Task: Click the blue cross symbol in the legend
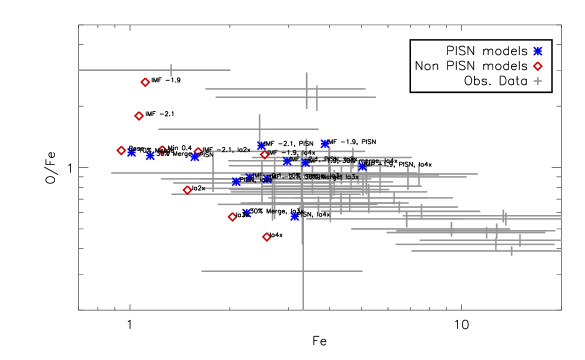pyautogui.click(x=537, y=51)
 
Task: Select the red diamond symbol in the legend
pyautogui.click(x=537, y=66)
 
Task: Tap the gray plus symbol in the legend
pyautogui.click(x=537, y=81)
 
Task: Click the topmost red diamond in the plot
pyautogui.click(x=145, y=82)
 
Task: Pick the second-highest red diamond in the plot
pyautogui.click(x=139, y=116)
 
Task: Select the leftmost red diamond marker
pyautogui.click(x=121, y=151)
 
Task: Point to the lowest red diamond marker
pyautogui.click(x=266, y=237)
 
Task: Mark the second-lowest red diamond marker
pyautogui.click(x=232, y=217)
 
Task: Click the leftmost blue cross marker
pyautogui.click(x=131, y=153)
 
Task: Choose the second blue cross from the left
pyautogui.click(x=150, y=156)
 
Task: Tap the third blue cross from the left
pyautogui.click(x=195, y=157)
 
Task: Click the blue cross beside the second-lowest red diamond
pyautogui.click(x=246, y=212)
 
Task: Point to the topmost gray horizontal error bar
pyautogui.click(x=154, y=70)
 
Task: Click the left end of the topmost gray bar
pyautogui.click(x=79, y=70)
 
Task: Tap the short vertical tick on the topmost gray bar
pyautogui.click(x=171, y=70)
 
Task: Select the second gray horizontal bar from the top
pyautogui.click(x=285, y=89)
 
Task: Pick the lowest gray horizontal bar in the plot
pyautogui.click(x=282, y=271)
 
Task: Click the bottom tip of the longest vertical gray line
pyautogui.click(x=303, y=310)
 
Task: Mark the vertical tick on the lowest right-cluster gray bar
pyautogui.click(x=511, y=250)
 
